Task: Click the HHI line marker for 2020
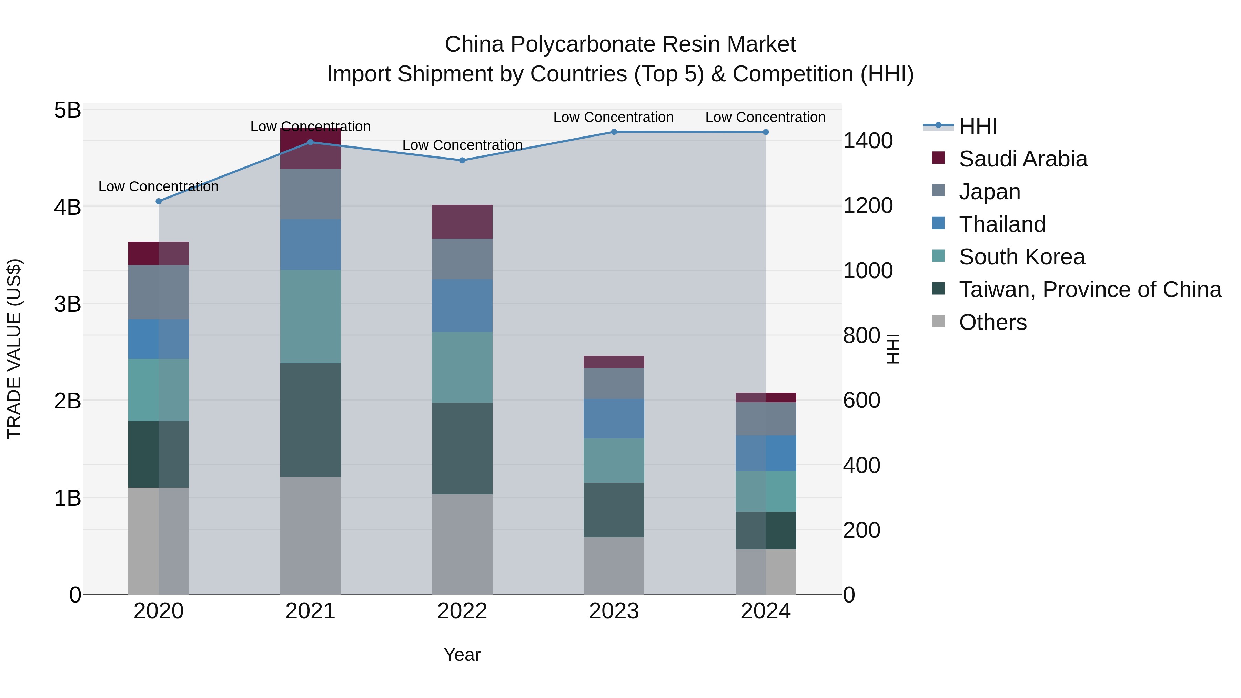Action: click(x=159, y=201)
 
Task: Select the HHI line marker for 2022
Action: click(x=462, y=160)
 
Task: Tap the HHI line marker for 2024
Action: click(x=766, y=132)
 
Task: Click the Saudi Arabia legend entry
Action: click(x=1023, y=159)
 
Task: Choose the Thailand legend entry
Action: click(x=1002, y=224)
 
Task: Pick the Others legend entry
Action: click(x=992, y=322)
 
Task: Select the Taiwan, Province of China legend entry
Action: click(x=1090, y=290)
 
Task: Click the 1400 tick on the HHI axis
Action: click(x=868, y=141)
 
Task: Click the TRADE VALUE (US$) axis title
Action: click(x=14, y=349)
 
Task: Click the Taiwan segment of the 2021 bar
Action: click(x=310, y=420)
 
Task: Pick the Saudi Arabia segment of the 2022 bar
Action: click(x=462, y=222)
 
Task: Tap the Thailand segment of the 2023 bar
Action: click(x=614, y=418)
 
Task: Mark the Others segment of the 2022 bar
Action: click(x=462, y=544)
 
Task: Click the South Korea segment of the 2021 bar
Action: click(x=310, y=316)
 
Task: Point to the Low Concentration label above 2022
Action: click(x=462, y=145)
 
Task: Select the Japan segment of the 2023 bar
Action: click(x=614, y=383)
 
